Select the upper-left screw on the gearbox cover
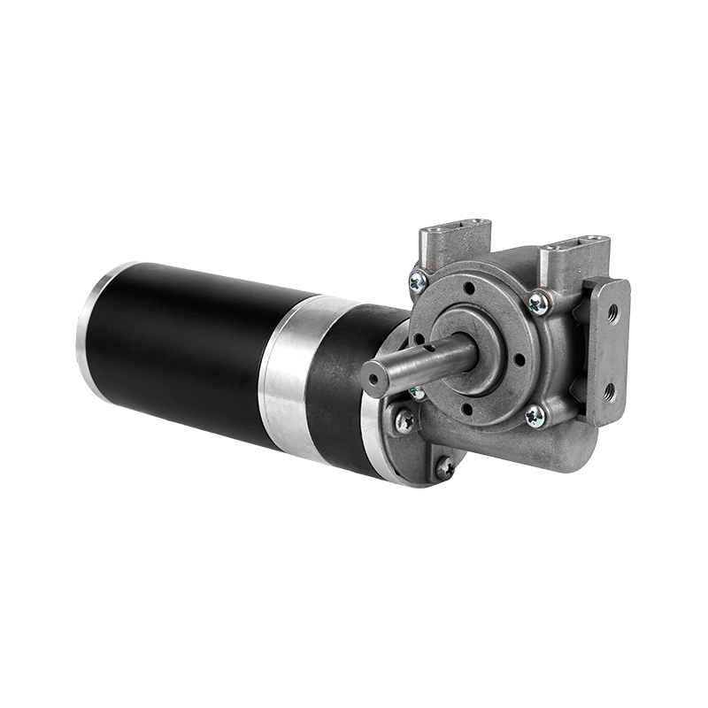coord(418,282)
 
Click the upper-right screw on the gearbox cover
coord(537,304)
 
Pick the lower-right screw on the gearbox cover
coord(535,414)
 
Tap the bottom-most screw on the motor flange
coord(444,466)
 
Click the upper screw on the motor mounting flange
coord(404,421)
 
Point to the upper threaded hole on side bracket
coord(611,312)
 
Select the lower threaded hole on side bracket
coord(609,390)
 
